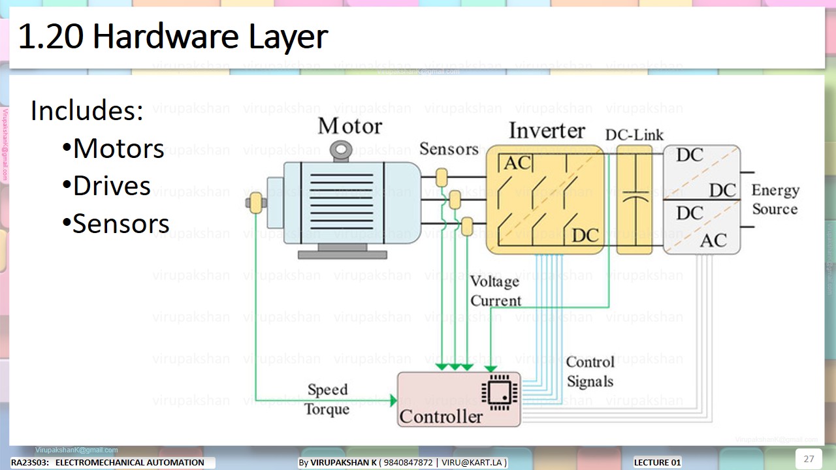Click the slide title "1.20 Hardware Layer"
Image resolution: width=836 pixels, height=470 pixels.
point(172,38)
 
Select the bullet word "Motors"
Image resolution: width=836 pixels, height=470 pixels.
point(118,149)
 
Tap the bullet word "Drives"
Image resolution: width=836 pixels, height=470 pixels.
point(112,186)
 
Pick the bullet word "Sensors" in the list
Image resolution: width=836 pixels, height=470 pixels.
point(121,224)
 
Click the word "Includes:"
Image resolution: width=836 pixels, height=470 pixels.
point(87,111)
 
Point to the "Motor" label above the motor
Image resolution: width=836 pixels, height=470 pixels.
point(349,125)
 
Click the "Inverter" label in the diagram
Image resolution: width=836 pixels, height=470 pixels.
point(547,131)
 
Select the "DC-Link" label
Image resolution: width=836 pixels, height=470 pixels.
point(634,135)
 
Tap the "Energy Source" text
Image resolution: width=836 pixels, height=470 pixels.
point(775,200)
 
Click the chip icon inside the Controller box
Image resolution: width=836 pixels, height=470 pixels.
point(499,390)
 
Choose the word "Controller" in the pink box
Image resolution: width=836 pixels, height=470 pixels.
point(441,416)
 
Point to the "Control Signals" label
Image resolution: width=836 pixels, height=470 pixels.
point(590,371)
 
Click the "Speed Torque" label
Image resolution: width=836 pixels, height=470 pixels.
point(327,399)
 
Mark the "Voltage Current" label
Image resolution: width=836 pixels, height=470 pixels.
point(496,291)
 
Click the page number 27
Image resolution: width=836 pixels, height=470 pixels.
point(809,458)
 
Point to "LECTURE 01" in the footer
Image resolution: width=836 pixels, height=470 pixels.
point(657,463)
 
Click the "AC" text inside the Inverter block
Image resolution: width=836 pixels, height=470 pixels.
point(517,163)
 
